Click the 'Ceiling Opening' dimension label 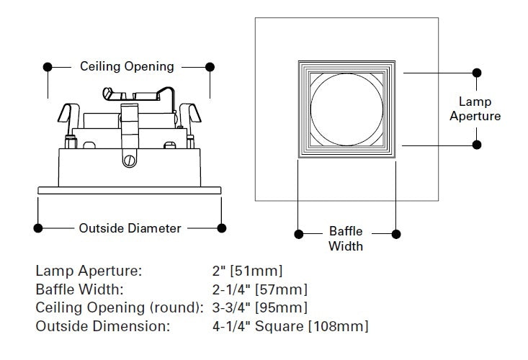tap(127, 66)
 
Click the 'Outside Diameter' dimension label tap(130, 228)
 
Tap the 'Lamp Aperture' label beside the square tap(475, 109)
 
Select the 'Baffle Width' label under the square tap(346, 239)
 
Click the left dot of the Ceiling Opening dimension tap(48, 66)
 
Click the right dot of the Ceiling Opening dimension tap(210, 66)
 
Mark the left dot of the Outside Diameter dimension tap(38, 228)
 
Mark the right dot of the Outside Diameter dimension tap(221, 228)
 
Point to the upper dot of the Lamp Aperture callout tap(476, 73)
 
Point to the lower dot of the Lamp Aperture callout tap(476, 144)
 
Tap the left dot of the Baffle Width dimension tap(298, 233)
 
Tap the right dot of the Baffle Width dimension tap(395, 233)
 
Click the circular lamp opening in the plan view tap(347, 109)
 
